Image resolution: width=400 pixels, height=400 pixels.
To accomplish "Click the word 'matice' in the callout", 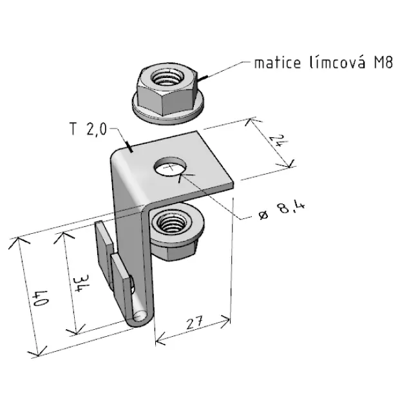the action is (278, 62).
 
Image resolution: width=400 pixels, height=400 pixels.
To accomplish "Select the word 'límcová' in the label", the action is (338, 62).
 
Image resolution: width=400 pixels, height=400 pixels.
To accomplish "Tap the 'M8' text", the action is (383, 62).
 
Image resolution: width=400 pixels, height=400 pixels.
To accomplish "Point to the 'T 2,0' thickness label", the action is (88, 129).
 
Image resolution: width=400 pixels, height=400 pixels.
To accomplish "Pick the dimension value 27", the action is (195, 323).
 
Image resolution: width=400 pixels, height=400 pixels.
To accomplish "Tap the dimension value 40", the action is (40, 298).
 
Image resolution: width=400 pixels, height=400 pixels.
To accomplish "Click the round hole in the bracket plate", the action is (170, 167).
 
